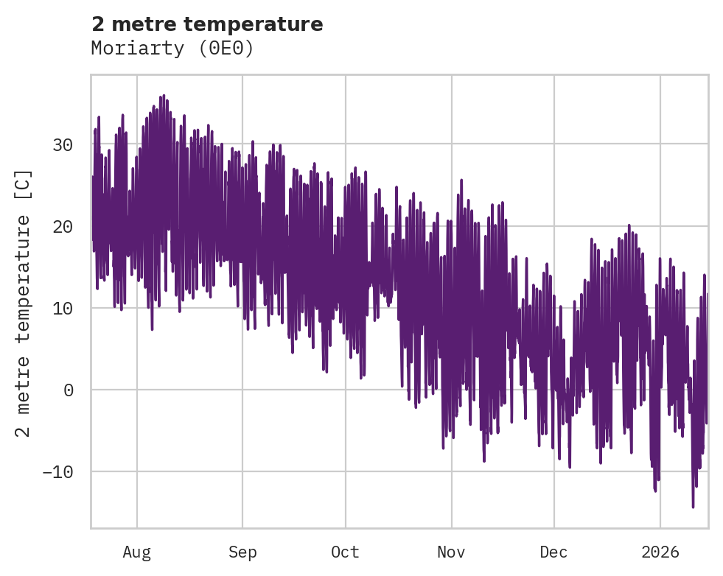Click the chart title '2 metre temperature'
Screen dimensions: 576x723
point(207,24)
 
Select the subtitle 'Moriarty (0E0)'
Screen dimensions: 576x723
point(172,49)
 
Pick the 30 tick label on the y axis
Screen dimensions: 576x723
point(63,144)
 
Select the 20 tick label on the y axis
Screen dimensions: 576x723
point(63,226)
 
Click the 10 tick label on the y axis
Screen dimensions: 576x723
point(63,308)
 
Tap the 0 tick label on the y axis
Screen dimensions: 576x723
point(68,390)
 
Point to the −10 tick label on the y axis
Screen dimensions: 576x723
point(57,471)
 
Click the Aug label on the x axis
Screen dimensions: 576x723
point(136,552)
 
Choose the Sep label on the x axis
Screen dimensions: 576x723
point(242,552)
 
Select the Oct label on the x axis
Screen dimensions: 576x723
point(345,552)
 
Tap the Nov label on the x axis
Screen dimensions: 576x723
point(451,552)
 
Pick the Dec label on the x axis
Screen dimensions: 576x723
point(553,552)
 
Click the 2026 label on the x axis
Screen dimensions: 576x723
point(660,552)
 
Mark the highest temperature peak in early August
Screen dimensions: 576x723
point(163,96)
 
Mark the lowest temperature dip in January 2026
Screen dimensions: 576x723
point(693,506)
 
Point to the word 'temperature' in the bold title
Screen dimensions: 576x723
point(253,24)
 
